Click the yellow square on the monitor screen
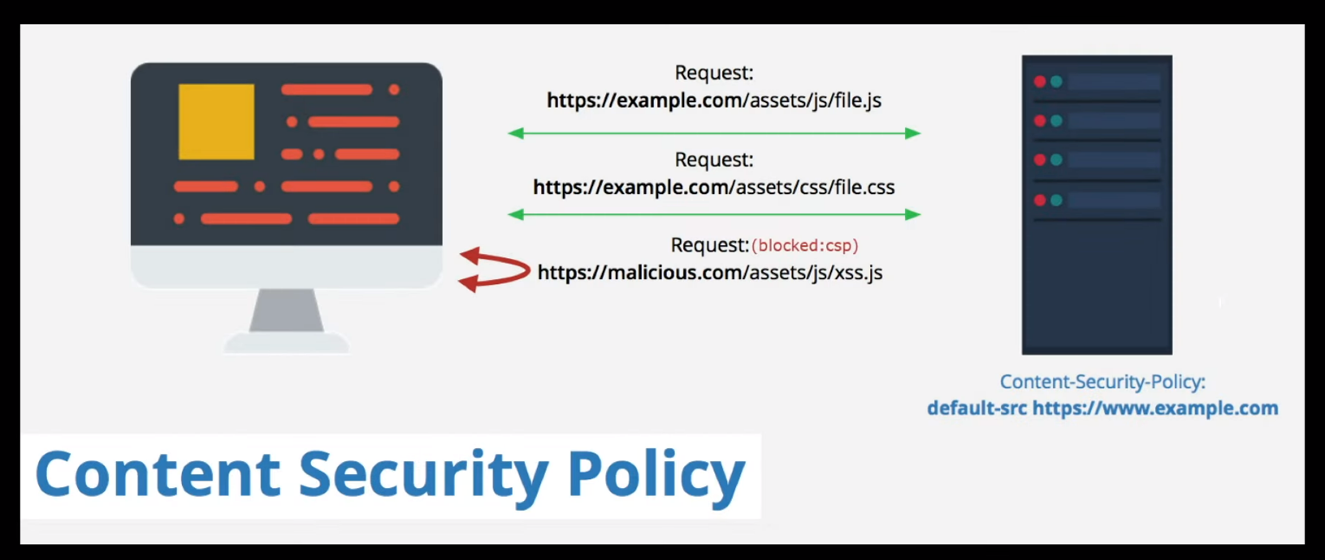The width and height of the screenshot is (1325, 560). [217, 121]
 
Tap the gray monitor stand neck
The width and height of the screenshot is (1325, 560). [287, 310]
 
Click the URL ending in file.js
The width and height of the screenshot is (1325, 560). [714, 101]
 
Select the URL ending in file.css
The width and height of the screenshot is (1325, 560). [714, 187]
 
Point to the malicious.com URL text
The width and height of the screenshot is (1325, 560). [710, 273]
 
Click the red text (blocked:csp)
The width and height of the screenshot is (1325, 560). [805, 245]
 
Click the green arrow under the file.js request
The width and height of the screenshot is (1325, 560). [714, 133]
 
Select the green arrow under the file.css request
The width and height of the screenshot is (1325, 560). [714, 214]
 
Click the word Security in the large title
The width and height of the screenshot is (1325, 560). [423, 475]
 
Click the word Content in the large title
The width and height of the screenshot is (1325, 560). [158, 473]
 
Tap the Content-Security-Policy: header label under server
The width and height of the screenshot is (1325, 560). [1102, 381]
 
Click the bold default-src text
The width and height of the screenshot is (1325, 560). [977, 408]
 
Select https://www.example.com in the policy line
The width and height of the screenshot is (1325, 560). [1155, 408]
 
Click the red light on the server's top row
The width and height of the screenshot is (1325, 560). [1040, 81]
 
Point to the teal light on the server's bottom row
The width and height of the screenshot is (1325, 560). [1057, 200]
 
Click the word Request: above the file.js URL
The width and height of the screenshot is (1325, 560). [714, 73]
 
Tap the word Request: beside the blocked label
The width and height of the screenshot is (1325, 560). [710, 245]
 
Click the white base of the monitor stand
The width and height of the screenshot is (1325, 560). [287, 342]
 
